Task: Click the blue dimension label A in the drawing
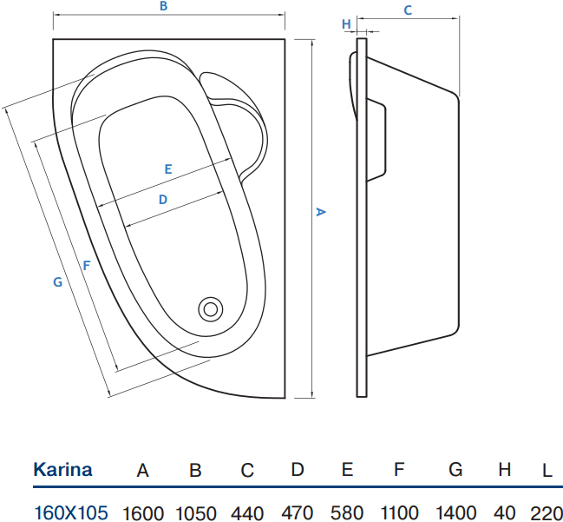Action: (x=320, y=212)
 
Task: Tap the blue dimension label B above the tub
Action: (x=163, y=6)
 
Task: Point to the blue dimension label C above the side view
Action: (x=408, y=10)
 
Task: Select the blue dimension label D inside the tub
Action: (x=163, y=199)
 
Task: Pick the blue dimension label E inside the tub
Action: (x=168, y=169)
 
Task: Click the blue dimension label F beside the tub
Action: (x=87, y=265)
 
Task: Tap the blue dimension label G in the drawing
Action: (x=58, y=282)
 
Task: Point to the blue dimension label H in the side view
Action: (x=346, y=24)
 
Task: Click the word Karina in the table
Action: (x=62, y=470)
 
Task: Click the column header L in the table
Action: (x=547, y=470)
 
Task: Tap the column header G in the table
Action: (x=455, y=470)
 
